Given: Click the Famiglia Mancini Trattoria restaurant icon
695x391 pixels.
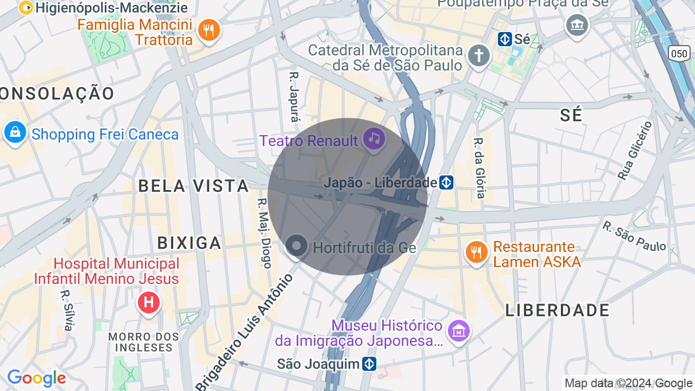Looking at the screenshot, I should tap(208, 29).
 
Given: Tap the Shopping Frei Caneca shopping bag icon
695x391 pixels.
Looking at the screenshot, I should tap(15, 133).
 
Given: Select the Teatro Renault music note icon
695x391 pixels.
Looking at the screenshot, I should tap(374, 139).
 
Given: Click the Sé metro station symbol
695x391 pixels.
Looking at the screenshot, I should tap(505, 39).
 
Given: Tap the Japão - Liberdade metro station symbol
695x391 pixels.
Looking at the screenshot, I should tap(446, 182).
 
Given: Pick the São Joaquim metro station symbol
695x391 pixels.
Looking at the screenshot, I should tap(369, 364).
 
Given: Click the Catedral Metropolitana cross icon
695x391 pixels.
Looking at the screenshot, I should tap(479, 56).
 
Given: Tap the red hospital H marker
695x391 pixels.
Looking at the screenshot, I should tap(148, 302).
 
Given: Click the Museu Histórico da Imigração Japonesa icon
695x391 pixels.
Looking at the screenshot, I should tap(458, 330).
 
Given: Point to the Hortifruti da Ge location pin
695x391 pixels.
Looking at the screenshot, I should tap(296, 246).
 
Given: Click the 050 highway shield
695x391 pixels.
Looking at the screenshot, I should tap(679, 53).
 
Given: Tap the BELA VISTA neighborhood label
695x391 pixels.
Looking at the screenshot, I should tap(193, 186).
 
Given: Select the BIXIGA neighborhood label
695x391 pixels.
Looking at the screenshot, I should tap(189, 243).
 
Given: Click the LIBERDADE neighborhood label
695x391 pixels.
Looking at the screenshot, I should tap(558, 311).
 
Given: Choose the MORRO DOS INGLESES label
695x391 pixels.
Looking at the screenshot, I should tap(143, 342).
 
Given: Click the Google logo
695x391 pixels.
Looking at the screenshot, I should tap(36, 378).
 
